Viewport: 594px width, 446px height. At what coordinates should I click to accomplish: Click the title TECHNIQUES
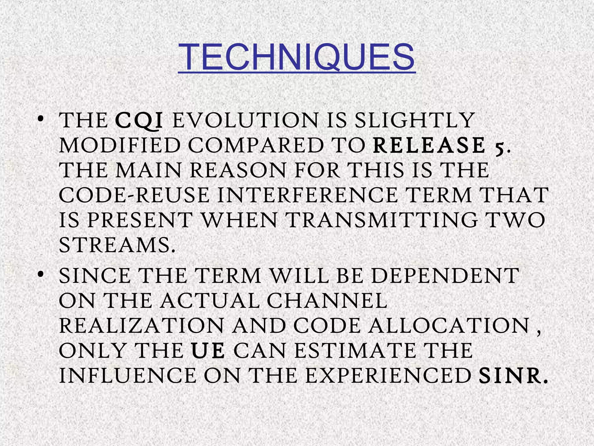(296, 57)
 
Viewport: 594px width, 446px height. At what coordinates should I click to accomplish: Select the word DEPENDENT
(445, 276)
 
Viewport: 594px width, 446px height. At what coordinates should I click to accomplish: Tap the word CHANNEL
(327, 301)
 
